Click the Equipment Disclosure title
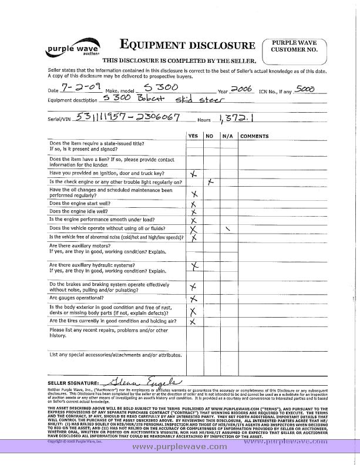[x=187, y=45]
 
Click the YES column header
[x=193, y=136]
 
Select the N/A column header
[x=227, y=136]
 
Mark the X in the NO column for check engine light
[x=210, y=183]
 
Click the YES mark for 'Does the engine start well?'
[x=193, y=204]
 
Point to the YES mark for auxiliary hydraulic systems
[x=194, y=267]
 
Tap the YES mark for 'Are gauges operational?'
[x=193, y=299]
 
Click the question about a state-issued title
[x=97, y=146]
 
